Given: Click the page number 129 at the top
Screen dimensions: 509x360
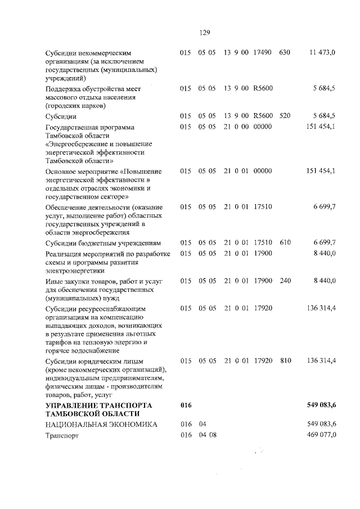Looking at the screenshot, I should [x=204, y=32].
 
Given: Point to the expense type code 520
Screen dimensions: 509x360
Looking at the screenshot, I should [x=285, y=116].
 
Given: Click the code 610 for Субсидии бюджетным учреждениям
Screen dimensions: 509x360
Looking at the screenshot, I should [x=285, y=242].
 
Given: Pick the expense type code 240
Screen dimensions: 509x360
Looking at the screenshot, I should [x=285, y=280].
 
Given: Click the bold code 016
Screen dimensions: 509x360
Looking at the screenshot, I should [x=186, y=405].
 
